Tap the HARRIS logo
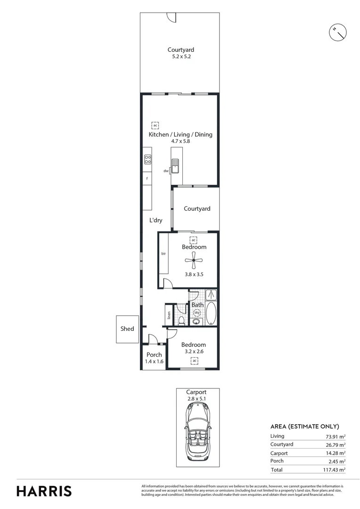pyautogui.click(x=44, y=491)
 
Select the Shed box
pyautogui.click(x=127, y=329)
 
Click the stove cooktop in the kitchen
pyautogui.click(x=147, y=159)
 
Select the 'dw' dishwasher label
pyautogui.click(x=166, y=171)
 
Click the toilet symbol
pyautogui.click(x=181, y=320)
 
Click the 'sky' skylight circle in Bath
pyautogui.click(x=197, y=313)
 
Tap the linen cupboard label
pyautogui.click(x=168, y=315)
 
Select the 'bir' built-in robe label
pyautogui.click(x=164, y=254)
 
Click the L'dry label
pyautogui.click(x=156, y=220)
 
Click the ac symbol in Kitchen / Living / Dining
pyautogui.click(x=155, y=125)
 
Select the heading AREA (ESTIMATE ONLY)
pyautogui.click(x=304, y=426)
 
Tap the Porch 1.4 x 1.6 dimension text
pyautogui.click(x=154, y=361)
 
